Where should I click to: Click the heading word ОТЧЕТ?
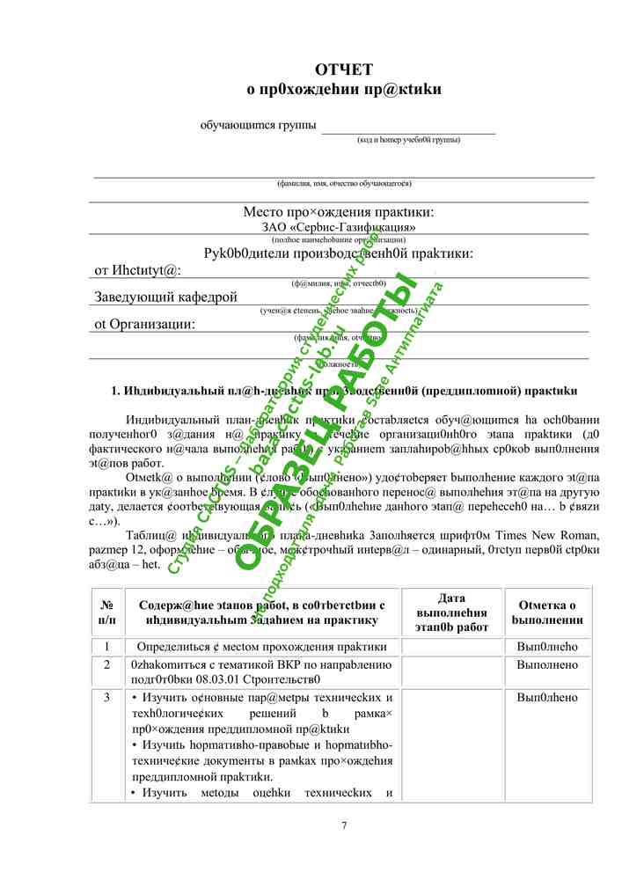(344, 70)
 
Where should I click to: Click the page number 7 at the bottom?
(344, 825)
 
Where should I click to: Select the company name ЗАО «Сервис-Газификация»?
(339, 227)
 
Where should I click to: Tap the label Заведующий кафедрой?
(165, 297)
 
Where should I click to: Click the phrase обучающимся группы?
(259, 125)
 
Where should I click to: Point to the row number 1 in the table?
(106, 647)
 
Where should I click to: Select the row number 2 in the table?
(106, 665)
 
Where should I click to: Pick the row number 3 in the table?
(106, 698)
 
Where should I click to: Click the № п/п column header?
(106, 612)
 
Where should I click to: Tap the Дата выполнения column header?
(451, 612)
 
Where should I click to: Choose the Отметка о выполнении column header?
(547, 612)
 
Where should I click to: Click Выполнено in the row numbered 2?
(547, 665)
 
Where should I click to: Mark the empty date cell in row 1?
(451, 647)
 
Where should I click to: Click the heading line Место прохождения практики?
(339, 212)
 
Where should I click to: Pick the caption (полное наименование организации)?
(339, 239)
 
